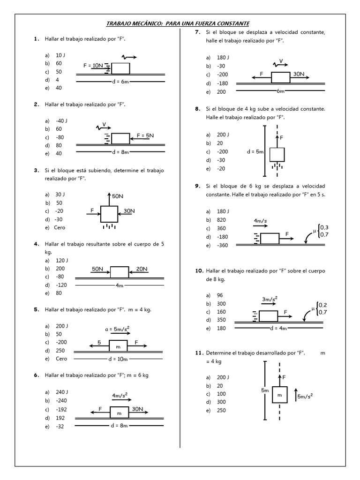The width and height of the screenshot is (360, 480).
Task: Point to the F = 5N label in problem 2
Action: pos(146,135)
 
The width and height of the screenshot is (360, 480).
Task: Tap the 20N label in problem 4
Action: pos(142,269)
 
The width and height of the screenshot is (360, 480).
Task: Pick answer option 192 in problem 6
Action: pos(61,417)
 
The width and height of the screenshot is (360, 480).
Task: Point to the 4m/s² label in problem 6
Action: pos(121,396)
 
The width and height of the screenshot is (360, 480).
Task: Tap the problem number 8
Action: pos(198,109)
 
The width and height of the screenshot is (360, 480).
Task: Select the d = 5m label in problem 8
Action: pos(255,152)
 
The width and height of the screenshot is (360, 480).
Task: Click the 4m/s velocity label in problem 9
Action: pos(261,220)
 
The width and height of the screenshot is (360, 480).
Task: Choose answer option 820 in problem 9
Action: pos(223,220)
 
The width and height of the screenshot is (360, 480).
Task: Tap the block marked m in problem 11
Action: pos(280,395)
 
